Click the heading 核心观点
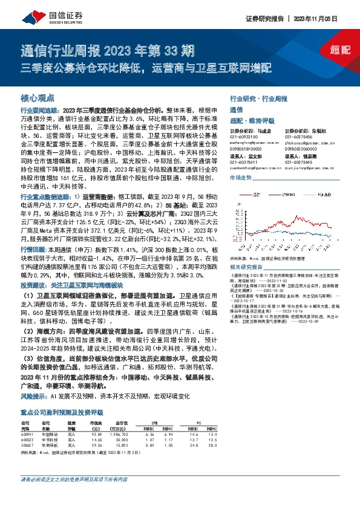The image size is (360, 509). (x=38, y=97)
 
